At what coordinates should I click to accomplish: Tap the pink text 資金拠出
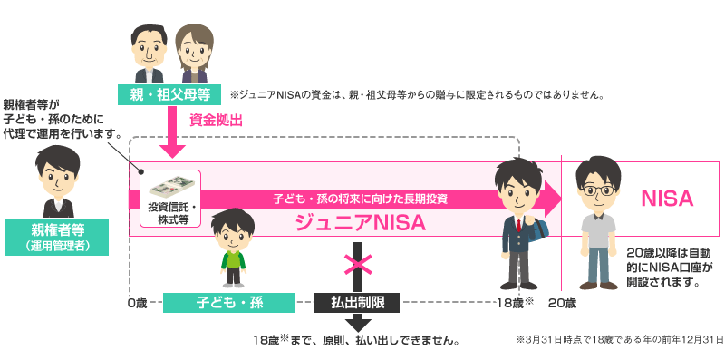point(217,120)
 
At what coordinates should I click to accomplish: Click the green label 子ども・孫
point(229,302)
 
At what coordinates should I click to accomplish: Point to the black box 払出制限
point(356,302)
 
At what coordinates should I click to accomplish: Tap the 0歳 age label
point(138,301)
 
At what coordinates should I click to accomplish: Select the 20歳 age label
point(562,301)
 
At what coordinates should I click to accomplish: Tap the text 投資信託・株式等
point(169,213)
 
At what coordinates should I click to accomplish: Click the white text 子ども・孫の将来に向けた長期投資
point(360,197)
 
